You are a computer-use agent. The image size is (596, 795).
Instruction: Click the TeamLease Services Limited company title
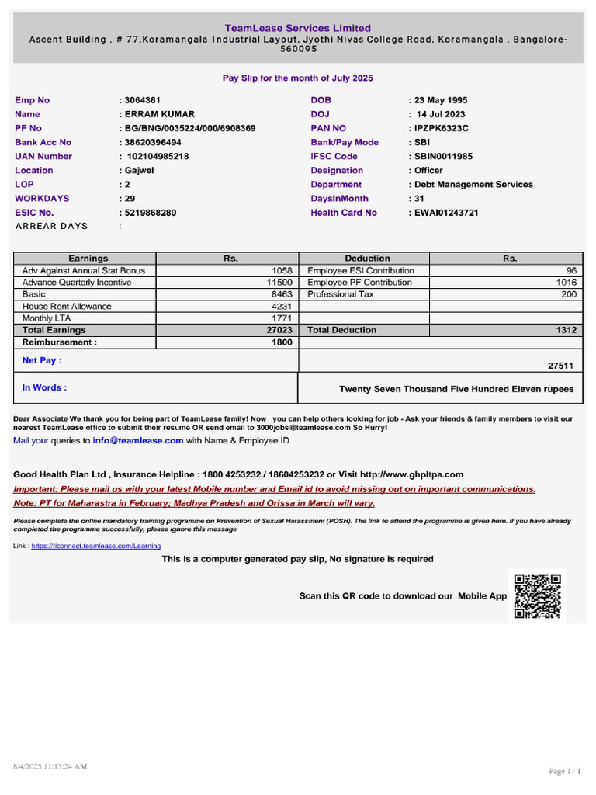[x=298, y=28]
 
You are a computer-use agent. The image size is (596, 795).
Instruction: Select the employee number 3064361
[x=142, y=100]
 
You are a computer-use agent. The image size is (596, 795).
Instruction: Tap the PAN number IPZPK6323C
[x=440, y=128]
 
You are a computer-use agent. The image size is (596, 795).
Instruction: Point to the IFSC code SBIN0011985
[x=442, y=156]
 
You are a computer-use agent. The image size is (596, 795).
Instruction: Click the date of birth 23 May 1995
[x=440, y=100]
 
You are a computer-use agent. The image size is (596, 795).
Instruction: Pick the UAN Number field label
[x=43, y=156]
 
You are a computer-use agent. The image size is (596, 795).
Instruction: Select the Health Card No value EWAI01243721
[x=445, y=212]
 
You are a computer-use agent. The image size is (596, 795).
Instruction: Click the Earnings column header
[x=88, y=259]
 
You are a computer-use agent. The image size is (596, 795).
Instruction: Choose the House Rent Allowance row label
[x=67, y=306]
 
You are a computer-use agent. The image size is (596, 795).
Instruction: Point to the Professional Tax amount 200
[x=569, y=294]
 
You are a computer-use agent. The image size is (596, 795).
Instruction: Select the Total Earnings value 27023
[x=279, y=330]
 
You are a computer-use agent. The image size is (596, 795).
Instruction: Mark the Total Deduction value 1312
[x=567, y=330]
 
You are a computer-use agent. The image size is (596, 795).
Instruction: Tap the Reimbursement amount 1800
[x=282, y=342]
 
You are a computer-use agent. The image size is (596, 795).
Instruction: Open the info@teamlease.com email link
[x=138, y=440]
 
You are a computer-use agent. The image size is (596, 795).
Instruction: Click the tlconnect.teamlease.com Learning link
[x=96, y=547]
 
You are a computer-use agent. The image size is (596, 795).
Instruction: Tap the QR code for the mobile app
[x=537, y=596]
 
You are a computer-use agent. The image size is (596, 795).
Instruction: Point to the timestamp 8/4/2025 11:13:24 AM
[x=50, y=766]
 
